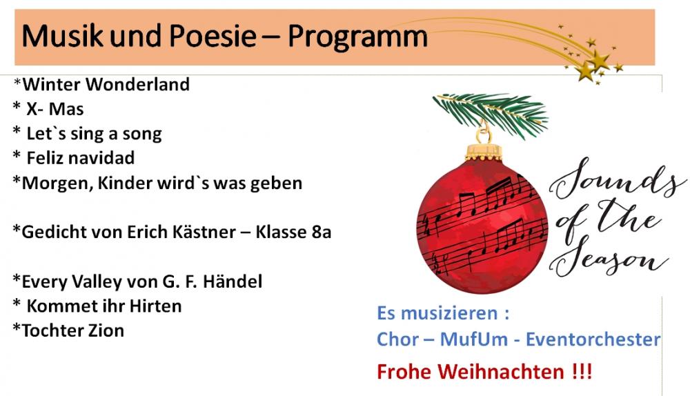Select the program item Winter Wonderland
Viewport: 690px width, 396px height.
coord(106,84)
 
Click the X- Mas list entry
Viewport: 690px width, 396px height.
coord(55,109)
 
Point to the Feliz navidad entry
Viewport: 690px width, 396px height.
coord(81,158)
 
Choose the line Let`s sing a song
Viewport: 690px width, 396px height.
coord(94,134)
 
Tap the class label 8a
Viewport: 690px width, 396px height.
coord(322,232)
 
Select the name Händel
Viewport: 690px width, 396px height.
coord(233,281)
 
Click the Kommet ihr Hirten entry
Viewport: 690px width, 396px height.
coord(104,306)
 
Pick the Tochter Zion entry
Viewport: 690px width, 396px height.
coord(73,330)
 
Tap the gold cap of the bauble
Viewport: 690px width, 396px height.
coord(484,151)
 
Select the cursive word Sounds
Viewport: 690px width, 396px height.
coord(616,179)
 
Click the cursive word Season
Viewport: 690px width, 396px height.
coord(609,258)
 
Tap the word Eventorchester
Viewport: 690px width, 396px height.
coord(593,339)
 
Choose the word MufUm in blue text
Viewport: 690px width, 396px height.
coord(473,339)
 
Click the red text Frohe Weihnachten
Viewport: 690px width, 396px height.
coord(484,372)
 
